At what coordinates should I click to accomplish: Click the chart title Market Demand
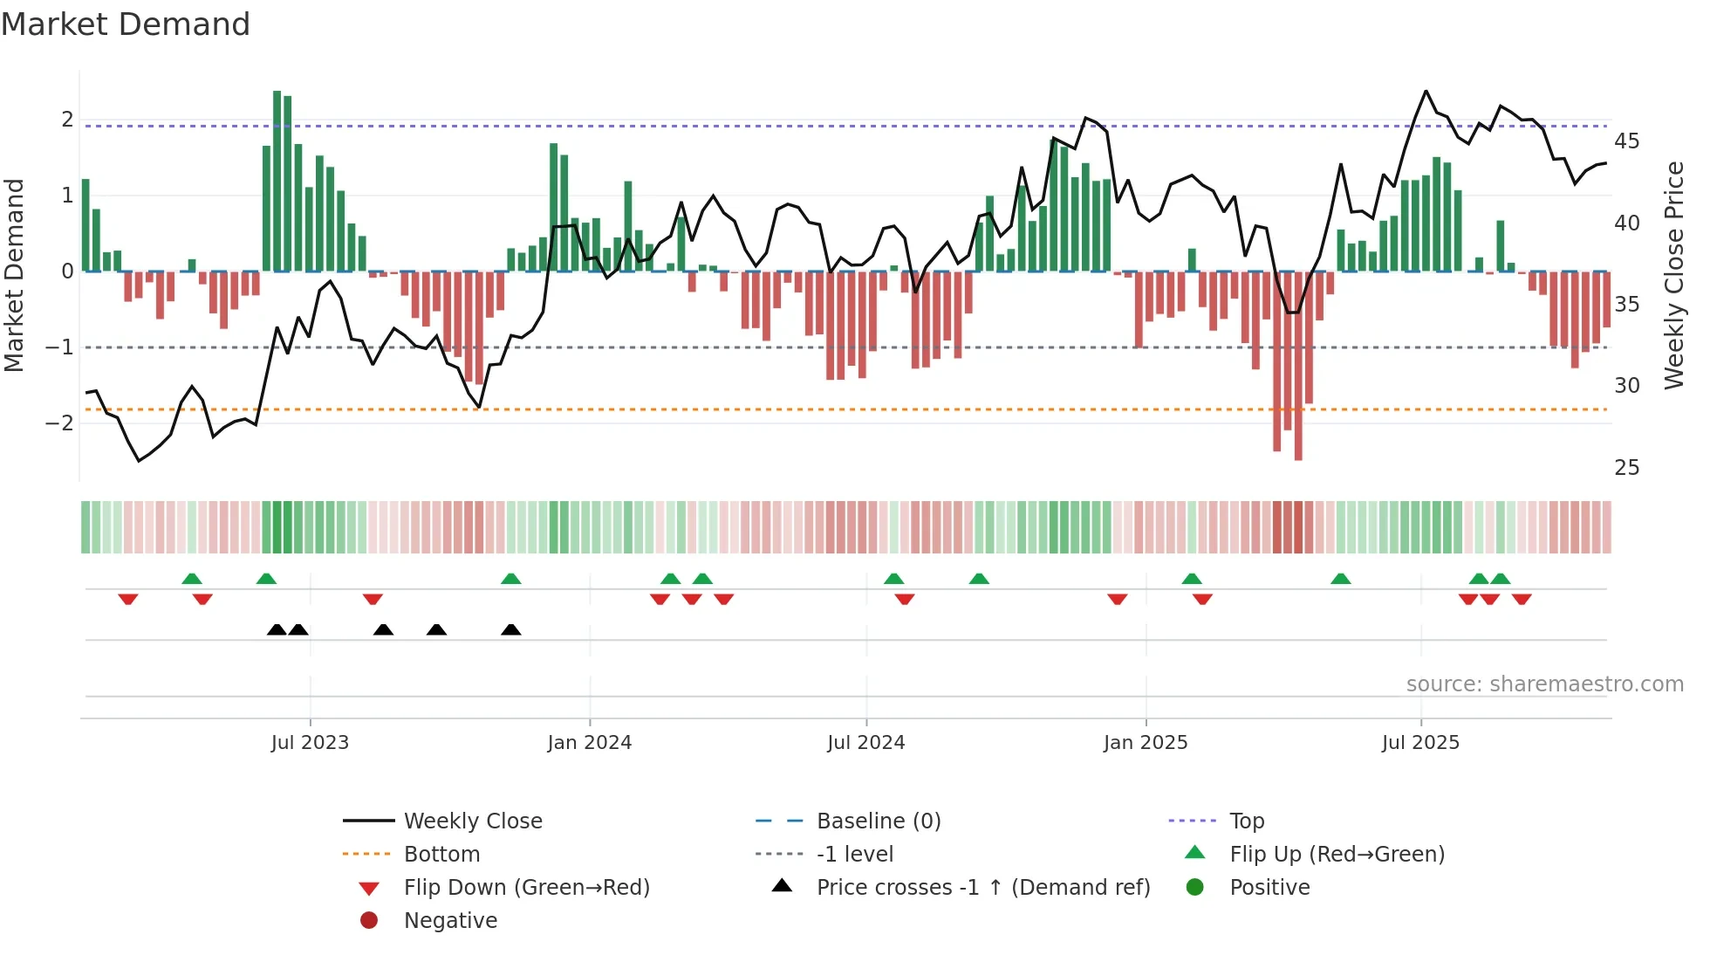(x=126, y=24)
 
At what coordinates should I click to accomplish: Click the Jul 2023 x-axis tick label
(x=310, y=743)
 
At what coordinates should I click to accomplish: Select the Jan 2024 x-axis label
(x=589, y=743)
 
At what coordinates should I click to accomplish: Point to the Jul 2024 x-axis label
(x=865, y=743)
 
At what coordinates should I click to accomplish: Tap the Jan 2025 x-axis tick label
(x=1145, y=743)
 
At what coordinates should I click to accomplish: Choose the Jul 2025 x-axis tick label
(x=1420, y=743)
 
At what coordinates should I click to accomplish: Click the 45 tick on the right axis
(x=1626, y=141)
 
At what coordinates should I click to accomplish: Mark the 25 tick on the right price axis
(x=1626, y=468)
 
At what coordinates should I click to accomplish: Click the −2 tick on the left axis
(x=59, y=423)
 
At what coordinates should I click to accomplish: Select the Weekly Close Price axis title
(x=1673, y=275)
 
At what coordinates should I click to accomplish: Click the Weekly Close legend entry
(x=472, y=821)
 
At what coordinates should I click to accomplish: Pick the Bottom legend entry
(x=441, y=855)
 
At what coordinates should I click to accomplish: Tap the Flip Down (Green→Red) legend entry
(x=526, y=888)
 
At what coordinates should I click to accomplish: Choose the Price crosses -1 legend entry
(x=982, y=888)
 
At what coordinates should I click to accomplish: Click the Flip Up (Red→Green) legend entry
(x=1337, y=855)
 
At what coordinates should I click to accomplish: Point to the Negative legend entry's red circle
(x=369, y=921)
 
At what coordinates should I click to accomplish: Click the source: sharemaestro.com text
(x=1544, y=684)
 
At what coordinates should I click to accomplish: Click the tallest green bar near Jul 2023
(x=277, y=181)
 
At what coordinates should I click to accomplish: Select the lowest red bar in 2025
(x=1298, y=367)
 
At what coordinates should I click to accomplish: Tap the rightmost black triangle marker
(x=511, y=630)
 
